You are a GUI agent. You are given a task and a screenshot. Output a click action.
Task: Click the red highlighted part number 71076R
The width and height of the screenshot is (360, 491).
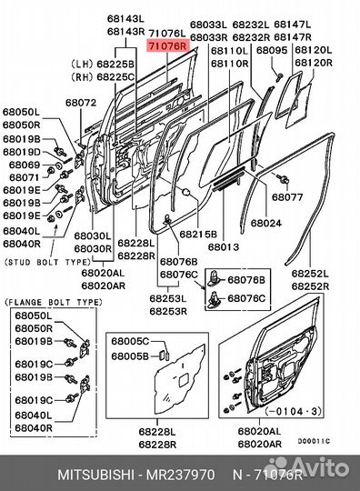(168, 46)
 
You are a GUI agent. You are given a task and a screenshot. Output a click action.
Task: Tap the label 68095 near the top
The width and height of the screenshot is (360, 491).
(272, 50)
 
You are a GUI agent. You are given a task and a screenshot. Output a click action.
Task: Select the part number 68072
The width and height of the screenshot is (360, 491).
(81, 103)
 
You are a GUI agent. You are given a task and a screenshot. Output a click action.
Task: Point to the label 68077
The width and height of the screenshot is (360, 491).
(287, 197)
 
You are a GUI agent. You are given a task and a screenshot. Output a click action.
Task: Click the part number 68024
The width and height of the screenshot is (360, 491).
(266, 223)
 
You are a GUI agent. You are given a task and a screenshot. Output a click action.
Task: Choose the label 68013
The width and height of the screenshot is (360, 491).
(224, 246)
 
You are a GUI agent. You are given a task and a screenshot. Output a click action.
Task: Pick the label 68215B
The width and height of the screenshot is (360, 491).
(198, 234)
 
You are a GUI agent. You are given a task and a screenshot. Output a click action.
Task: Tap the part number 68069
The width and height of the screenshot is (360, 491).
(25, 165)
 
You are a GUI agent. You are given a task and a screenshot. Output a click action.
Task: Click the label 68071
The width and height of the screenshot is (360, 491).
(25, 177)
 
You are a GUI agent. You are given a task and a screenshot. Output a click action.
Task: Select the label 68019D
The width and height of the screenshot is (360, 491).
(22, 152)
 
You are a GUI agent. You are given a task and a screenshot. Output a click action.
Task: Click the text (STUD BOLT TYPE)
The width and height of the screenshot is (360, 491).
(47, 262)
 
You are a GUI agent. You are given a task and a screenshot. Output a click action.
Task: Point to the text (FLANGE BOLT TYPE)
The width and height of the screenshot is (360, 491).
(54, 302)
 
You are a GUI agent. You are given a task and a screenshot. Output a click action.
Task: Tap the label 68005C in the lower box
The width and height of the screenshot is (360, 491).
(130, 341)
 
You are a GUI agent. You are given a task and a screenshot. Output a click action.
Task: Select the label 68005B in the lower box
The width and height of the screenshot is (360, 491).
(130, 356)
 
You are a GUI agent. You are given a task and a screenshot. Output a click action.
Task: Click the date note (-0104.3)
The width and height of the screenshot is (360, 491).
(294, 411)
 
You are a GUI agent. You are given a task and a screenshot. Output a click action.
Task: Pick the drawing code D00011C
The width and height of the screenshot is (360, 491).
(314, 441)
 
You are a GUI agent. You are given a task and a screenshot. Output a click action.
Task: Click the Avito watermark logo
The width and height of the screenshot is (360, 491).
(308, 468)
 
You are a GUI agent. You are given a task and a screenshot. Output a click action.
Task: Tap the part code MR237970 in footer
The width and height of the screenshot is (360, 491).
(181, 475)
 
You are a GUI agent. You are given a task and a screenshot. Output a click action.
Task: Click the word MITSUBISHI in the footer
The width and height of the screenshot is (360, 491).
(96, 475)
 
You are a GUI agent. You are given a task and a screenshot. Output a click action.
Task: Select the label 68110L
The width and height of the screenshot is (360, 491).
(229, 50)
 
